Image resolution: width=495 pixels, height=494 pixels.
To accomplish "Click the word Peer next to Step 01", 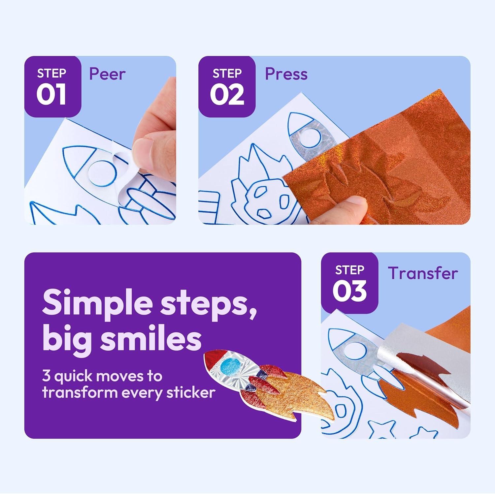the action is pyautogui.click(x=107, y=74).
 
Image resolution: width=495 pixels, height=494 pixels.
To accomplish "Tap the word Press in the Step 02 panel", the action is pyautogui.click(x=286, y=74).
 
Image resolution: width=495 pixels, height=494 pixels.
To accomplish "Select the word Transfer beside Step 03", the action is pyautogui.click(x=423, y=273).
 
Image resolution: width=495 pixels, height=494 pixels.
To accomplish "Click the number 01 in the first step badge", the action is pyautogui.click(x=51, y=95).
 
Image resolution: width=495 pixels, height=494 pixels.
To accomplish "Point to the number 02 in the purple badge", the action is pyautogui.click(x=227, y=95).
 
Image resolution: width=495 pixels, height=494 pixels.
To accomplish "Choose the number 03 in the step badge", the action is pyautogui.click(x=349, y=291).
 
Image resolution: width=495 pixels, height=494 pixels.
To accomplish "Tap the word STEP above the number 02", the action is pyautogui.click(x=227, y=73).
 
